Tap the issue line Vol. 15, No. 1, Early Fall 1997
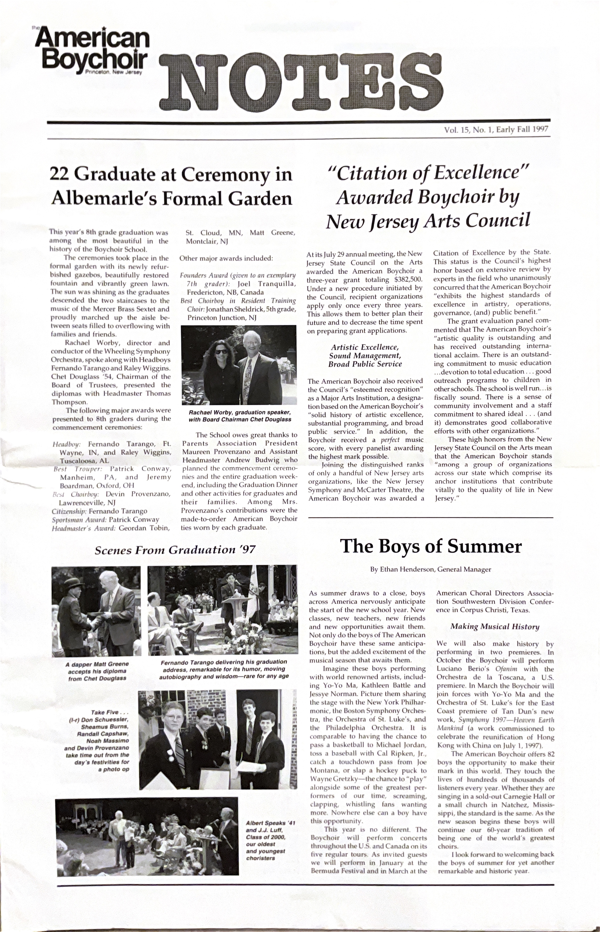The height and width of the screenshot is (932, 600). (x=496, y=129)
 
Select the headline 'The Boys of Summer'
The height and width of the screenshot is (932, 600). (x=430, y=547)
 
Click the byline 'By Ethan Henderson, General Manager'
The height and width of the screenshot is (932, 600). (x=430, y=569)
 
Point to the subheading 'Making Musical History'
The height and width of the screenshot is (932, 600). (x=495, y=627)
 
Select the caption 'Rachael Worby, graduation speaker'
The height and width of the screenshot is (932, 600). (x=240, y=412)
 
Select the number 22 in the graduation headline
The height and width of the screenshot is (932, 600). (x=59, y=174)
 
